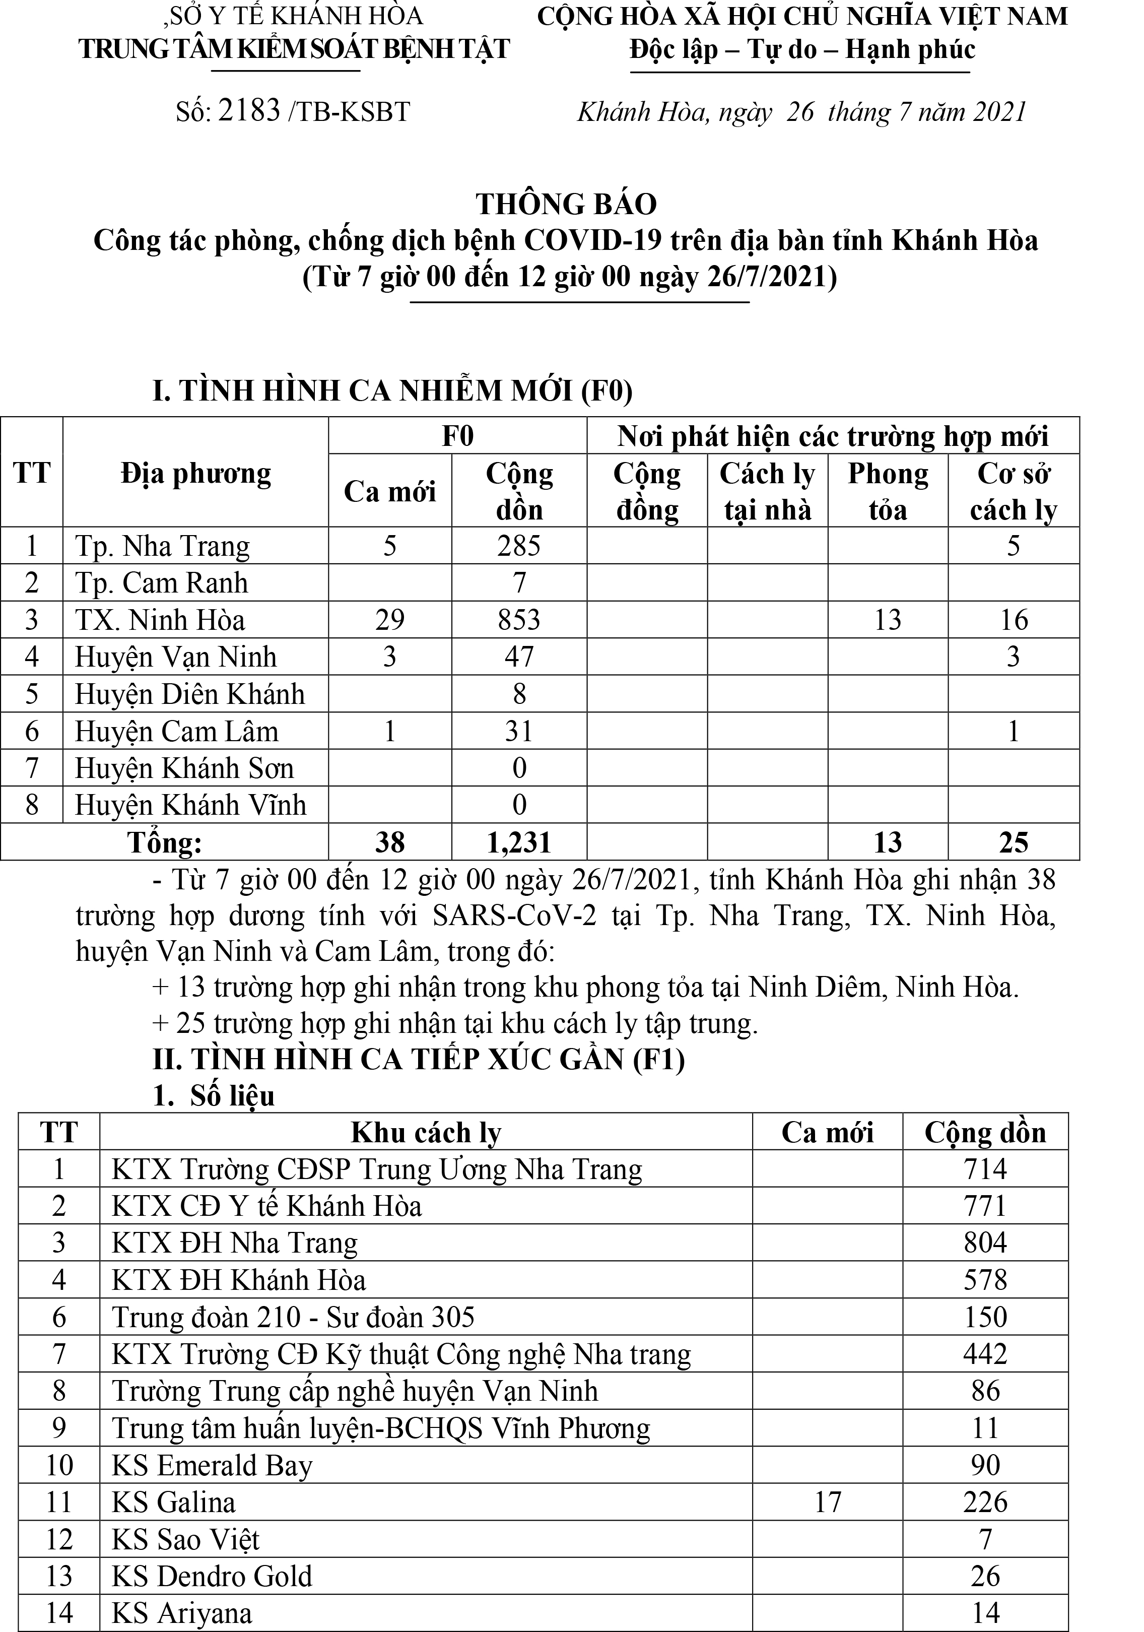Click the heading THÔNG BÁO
coord(566,204)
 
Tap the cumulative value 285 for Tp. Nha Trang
coord(519,546)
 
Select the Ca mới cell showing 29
coord(389,620)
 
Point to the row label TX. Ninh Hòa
coord(161,620)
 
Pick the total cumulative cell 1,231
coord(519,842)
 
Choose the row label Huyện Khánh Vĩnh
coord(190,805)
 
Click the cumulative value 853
coord(519,620)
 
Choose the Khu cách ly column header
coord(426,1132)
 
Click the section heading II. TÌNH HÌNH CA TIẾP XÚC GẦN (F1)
coord(419,1059)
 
